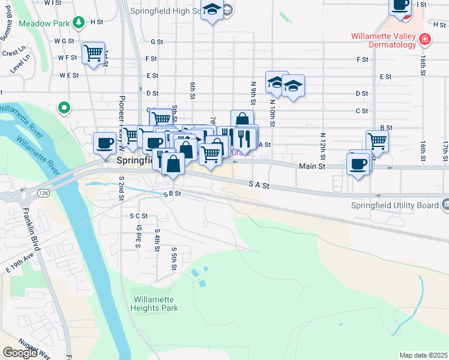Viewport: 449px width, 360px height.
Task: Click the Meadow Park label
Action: pyautogui.click(x=45, y=23)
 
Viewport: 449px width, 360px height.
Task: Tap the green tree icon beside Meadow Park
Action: pyautogui.click(x=79, y=23)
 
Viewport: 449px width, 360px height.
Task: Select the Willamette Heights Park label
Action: pyautogui.click(x=155, y=304)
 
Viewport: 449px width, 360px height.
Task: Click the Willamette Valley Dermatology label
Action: pyautogui.click(x=384, y=40)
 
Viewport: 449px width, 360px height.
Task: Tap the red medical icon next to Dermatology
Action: pyautogui.click(x=425, y=40)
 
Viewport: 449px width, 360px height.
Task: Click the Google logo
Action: pyautogui.click(x=20, y=353)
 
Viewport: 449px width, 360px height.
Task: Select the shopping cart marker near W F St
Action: pyautogui.click(x=93, y=53)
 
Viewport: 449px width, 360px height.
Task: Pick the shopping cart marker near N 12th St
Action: pyautogui.click(x=377, y=141)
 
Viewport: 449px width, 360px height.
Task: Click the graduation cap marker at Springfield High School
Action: pyautogui.click(x=211, y=10)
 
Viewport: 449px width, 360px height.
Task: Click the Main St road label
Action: pyautogui.click(x=312, y=166)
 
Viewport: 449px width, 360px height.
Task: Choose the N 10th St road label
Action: pyautogui.click(x=271, y=113)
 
